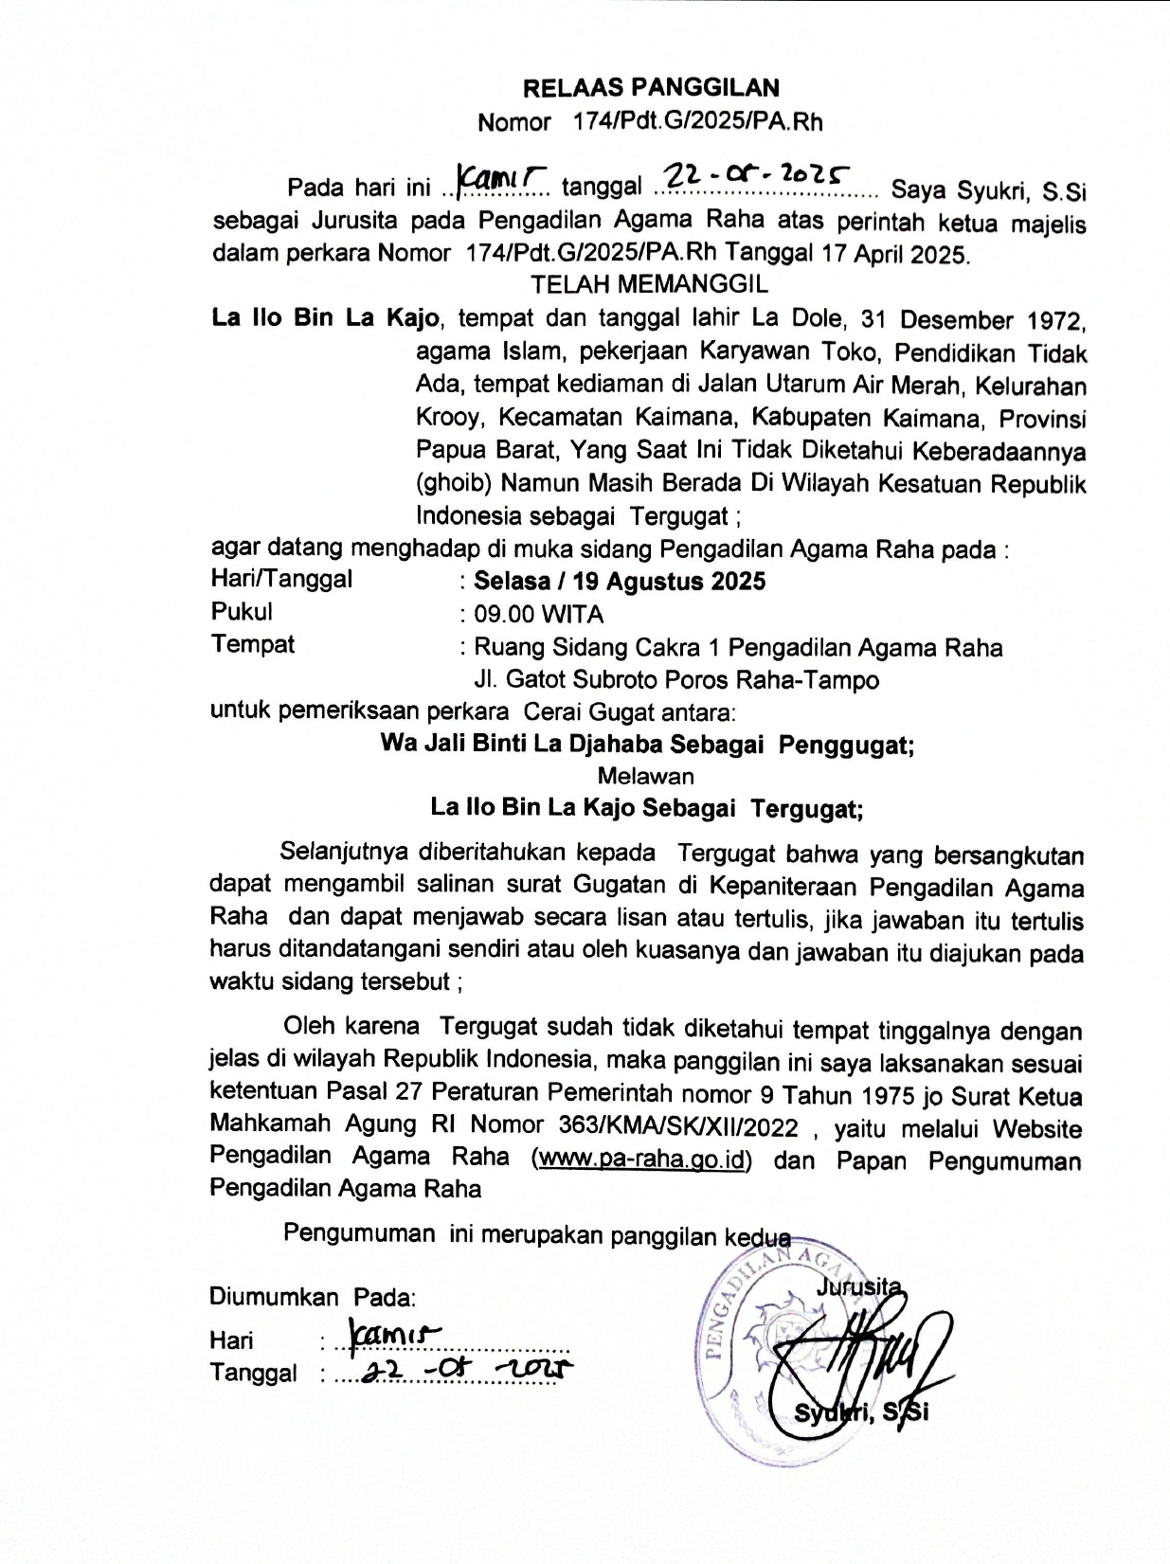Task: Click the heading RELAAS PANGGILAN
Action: [651, 88]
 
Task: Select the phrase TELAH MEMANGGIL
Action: [649, 284]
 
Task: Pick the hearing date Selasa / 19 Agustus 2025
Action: [620, 581]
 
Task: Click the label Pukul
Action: [242, 612]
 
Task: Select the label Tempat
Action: [252, 644]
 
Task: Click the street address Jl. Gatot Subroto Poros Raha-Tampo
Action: [675, 680]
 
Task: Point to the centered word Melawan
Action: [645, 777]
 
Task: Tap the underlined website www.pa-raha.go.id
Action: [641, 1160]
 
